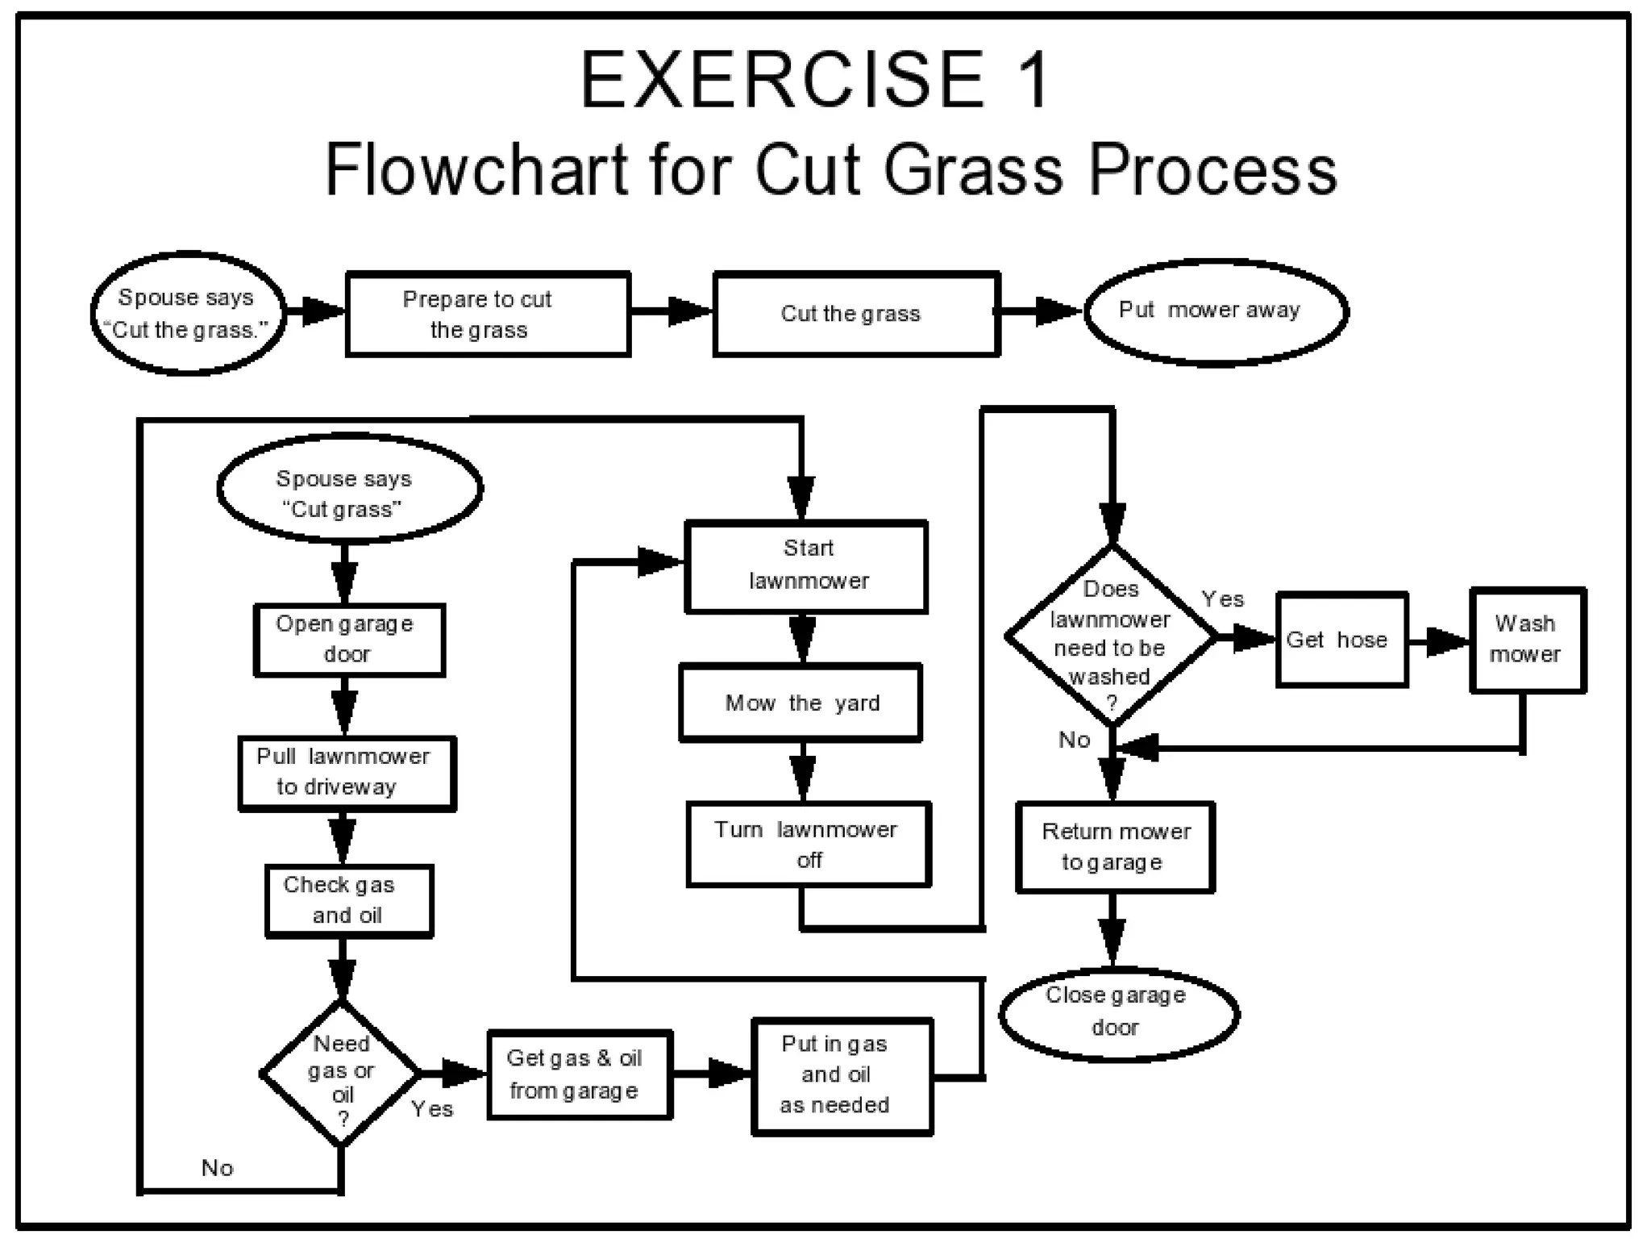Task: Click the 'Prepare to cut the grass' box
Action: (488, 314)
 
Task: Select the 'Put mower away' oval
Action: (1216, 311)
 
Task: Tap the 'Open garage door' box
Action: (349, 640)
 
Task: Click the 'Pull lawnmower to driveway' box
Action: (347, 773)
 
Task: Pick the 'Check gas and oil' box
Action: (349, 900)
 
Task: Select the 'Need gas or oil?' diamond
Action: (341, 1074)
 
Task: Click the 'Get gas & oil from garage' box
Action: (579, 1074)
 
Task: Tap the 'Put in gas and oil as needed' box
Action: (841, 1076)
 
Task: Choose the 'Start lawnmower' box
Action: (806, 566)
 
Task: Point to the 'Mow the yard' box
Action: (801, 703)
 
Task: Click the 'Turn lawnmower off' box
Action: (809, 845)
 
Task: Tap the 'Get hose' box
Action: (1341, 640)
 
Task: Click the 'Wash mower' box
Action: (1528, 640)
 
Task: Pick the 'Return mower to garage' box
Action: (1115, 847)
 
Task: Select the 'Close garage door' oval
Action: (1118, 1013)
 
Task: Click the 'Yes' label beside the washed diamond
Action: (1222, 599)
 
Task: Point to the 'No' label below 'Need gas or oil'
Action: (217, 1167)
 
